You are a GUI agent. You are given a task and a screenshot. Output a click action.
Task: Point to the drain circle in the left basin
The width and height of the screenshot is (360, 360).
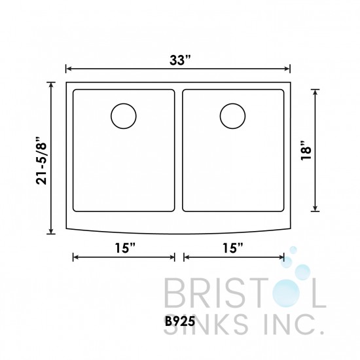[x=124, y=117]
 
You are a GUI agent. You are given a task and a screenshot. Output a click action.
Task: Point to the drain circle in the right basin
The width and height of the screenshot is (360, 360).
[x=232, y=117]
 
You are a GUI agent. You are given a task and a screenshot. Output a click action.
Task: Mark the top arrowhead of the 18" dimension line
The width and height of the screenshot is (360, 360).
[x=317, y=90]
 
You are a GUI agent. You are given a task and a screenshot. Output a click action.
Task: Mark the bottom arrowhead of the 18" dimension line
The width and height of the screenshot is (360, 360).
[x=317, y=209]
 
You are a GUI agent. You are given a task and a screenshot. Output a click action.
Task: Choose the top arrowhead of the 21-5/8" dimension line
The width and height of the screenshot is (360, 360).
[x=52, y=84]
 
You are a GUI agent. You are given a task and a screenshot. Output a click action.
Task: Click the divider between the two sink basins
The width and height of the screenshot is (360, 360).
[x=179, y=151]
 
